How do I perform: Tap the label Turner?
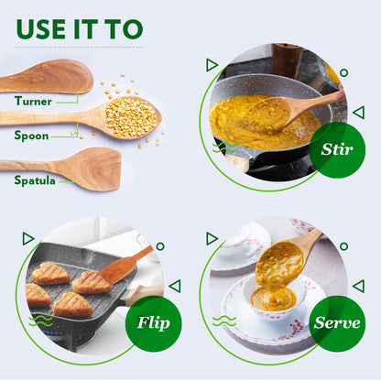[x=33, y=101]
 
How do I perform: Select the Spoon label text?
[x=31, y=136]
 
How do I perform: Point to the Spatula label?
[x=35, y=180]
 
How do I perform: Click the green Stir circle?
[x=337, y=149]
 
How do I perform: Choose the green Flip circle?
[x=153, y=321]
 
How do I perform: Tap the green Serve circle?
[x=337, y=321]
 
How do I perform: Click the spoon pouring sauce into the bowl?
[x=293, y=248]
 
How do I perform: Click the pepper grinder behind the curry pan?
[x=287, y=60]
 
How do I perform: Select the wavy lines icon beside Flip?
[x=40, y=321]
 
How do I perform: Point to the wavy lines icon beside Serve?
[x=223, y=321]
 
